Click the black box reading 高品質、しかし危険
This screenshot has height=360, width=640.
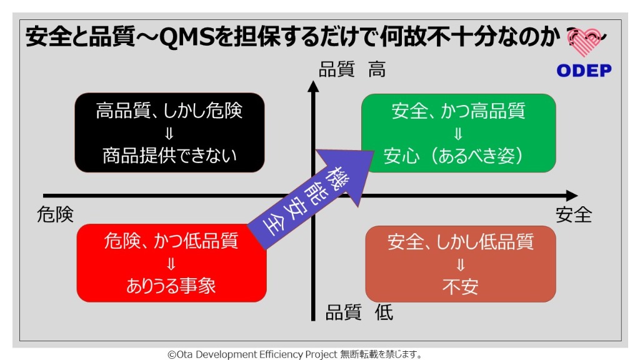(x=169, y=132)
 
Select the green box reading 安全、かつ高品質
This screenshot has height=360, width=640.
(x=458, y=133)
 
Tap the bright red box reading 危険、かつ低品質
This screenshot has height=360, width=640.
(x=171, y=263)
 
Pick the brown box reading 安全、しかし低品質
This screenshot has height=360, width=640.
(x=461, y=264)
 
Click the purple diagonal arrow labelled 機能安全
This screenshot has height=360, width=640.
(x=311, y=199)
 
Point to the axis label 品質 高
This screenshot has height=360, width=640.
(x=352, y=69)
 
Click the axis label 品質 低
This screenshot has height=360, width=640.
(x=359, y=312)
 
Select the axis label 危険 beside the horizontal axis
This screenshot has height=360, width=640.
(x=55, y=214)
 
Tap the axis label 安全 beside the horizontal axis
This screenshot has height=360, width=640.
(x=574, y=215)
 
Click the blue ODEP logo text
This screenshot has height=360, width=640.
(x=584, y=71)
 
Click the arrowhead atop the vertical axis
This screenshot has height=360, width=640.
(x=313, y=86)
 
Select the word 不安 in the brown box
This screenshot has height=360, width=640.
(x=461, y=287)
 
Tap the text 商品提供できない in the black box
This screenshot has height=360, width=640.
(x=169, y=156)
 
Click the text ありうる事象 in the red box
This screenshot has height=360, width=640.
(x=171, y=286)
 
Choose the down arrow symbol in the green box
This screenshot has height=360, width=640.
(x=458, y=134)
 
